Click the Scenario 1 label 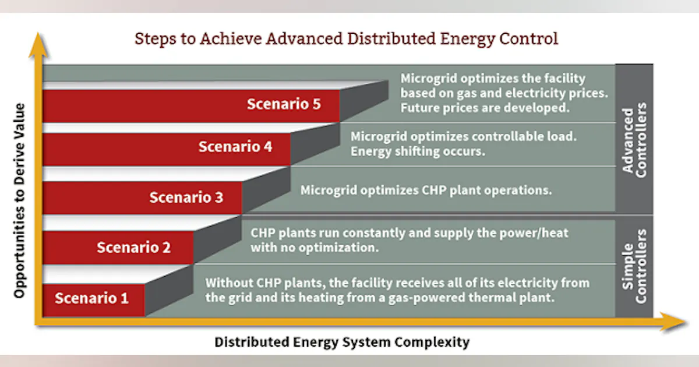point(91,299)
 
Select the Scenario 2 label point(133,248)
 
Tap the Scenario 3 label point(186,197)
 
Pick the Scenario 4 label point(235,147)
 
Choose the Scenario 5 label point(284,104)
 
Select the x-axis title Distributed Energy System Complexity point(341,342)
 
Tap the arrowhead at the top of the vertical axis point(39,42)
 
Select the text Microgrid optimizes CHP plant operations point(425,190)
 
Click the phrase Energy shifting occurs point(418,151)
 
